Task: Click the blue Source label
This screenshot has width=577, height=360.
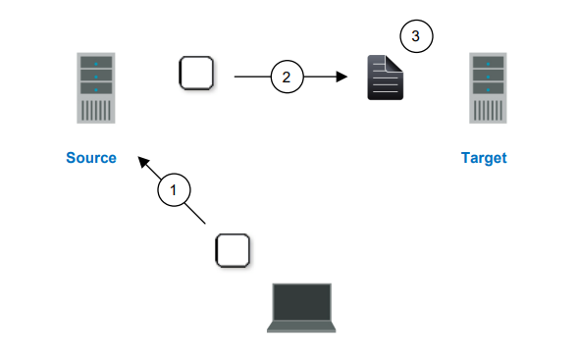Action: [91, 158]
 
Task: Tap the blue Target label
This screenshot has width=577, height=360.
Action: [484, 158]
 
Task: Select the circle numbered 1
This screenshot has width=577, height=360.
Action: [174, 190]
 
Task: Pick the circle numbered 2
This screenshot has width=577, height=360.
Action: [287, 76]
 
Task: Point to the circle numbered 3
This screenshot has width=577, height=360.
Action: [416, 36]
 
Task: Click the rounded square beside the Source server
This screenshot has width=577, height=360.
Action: [195, 73]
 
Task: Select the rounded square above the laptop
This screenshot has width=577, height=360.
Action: [232, 250]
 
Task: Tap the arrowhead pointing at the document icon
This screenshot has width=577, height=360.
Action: [342, 76]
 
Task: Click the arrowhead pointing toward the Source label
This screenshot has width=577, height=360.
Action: [143, 160]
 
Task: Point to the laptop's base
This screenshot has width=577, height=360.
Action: [301, 328]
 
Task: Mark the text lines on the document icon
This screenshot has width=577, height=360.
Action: [384, 84]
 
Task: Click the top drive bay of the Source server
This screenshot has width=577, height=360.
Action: [96, 62]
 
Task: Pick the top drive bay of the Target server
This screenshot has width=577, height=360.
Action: [489, 62]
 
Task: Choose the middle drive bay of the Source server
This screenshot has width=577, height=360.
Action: [96, 75]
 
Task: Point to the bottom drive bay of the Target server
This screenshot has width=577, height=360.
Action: [489, 87]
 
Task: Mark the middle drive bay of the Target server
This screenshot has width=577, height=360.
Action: [489, 75]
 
